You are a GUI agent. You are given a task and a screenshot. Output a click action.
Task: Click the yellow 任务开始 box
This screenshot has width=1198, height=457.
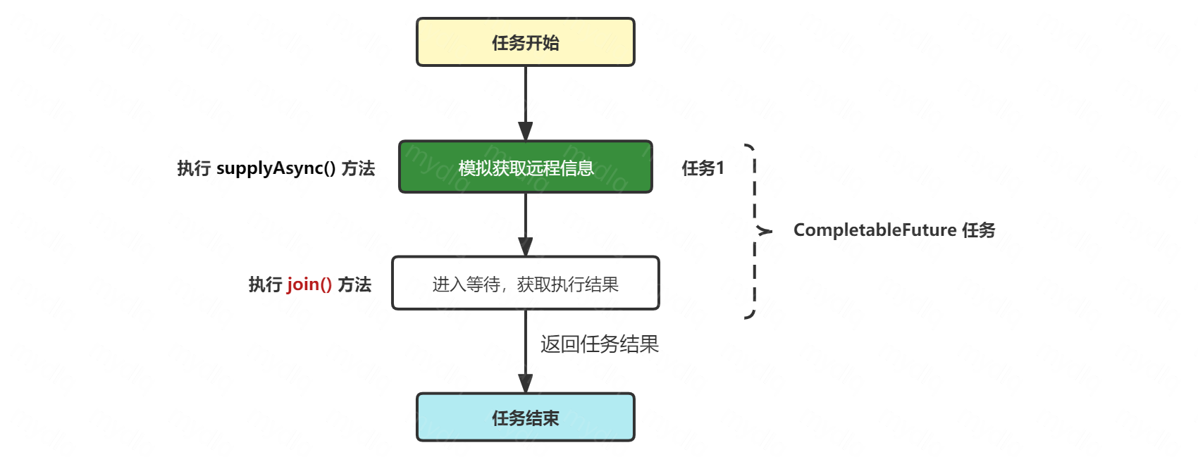[525, 42]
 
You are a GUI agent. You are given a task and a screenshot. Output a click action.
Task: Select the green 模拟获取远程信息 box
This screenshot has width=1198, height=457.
[525, 167]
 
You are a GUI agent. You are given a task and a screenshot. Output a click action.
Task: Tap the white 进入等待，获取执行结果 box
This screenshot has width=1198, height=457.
[525, 283]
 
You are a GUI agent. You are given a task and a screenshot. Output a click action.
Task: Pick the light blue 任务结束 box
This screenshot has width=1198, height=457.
[525, 418]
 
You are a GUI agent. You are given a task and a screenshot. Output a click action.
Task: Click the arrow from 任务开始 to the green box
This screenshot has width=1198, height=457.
[526, 99]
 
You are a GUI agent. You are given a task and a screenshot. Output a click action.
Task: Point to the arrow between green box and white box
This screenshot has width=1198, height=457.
[526, 222]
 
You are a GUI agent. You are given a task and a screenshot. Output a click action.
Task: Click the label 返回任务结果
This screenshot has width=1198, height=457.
[599, 344]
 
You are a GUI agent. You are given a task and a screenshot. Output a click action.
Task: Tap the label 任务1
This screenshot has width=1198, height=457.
[703, 168]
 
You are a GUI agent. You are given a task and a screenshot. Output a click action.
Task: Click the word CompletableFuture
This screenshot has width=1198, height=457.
[875, 230]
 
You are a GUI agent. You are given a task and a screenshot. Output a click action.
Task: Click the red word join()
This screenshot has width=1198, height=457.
[309, 284]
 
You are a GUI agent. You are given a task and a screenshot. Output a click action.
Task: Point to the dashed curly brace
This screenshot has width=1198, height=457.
[755, 230]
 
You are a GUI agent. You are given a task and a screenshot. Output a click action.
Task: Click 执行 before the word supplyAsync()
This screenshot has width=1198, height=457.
[194, 168]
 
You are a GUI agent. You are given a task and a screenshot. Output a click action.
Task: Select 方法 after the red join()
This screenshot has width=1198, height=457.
[354, 284]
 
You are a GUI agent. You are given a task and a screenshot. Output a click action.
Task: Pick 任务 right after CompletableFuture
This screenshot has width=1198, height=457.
[978, 230]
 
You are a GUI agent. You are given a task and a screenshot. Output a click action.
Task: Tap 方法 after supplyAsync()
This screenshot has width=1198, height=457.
[358, 168]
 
